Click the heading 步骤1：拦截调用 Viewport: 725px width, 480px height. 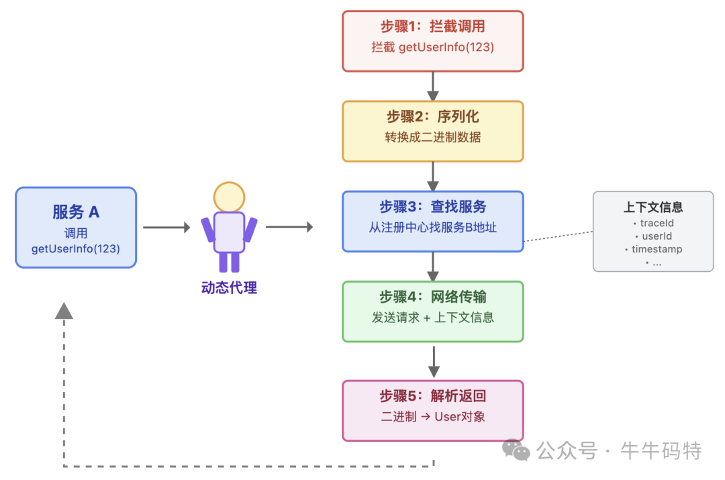coord(432,27)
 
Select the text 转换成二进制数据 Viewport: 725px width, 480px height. coord(432,138)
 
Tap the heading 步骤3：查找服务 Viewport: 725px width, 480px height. coord(432,207)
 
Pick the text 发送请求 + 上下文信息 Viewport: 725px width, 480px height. coord(432,318)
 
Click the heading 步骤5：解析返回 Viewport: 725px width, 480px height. coord(432,396)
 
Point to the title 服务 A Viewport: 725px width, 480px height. coord(76,212)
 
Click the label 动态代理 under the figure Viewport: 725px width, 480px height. coord(229,288)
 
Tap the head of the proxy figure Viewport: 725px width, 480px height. coord(229,197)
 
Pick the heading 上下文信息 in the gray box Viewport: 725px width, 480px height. coord(653,207)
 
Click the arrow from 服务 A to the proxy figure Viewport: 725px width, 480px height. coord(166,228)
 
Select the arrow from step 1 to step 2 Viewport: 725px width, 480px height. coord(433,86)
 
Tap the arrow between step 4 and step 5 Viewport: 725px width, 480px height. coord(434,362)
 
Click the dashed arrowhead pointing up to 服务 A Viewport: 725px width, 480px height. coord(64,310)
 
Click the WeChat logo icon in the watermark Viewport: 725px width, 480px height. coord(516,450)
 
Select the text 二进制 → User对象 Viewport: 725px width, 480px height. coord(432,416)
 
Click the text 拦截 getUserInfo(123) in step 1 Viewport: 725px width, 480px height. coord(432,47)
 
